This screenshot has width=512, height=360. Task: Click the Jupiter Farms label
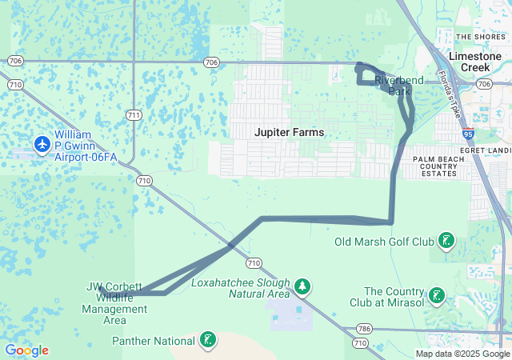coord(290,132)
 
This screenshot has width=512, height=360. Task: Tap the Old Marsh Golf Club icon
coord(446,240)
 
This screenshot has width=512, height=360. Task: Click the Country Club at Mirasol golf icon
coord(436,296)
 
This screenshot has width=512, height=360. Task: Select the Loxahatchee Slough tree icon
coord(302,286)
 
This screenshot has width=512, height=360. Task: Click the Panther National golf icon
coord(207,341)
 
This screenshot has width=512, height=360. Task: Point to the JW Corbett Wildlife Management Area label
coord(114,303)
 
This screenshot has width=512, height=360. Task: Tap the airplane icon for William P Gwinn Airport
coord(42,144)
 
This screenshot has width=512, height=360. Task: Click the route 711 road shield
coord(134,116)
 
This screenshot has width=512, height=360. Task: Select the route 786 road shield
coord(365,329)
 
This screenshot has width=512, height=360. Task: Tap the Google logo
coord(26,350)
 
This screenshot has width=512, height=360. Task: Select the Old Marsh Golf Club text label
coord(384,241)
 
